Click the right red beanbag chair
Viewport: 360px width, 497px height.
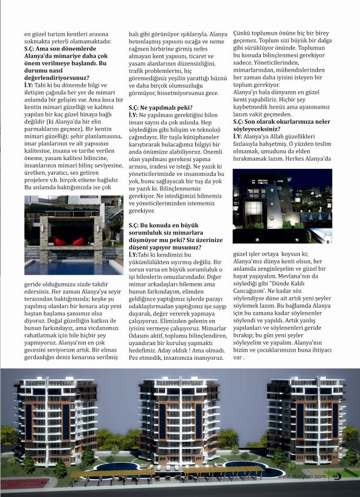[78, 240]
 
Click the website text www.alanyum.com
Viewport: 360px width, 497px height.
[302, 476]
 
